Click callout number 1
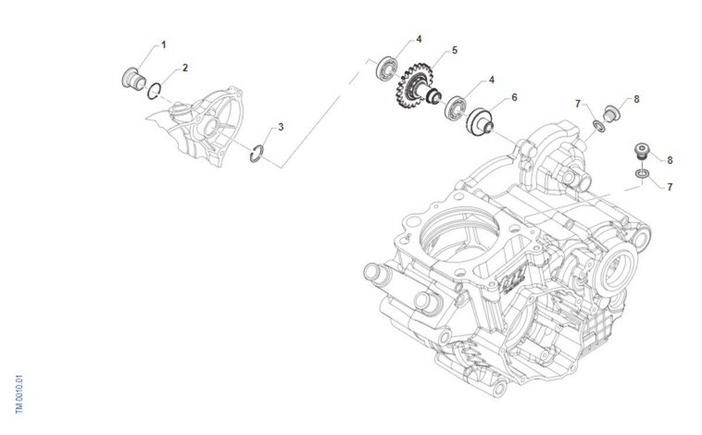coord(163,45)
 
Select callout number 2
coord(185,68)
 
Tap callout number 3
coord(281,127)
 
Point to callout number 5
coord(455,50)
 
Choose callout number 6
coord(514,98)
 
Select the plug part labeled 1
coord(134,79)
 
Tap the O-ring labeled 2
coord(154,91)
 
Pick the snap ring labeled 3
coord(257,153)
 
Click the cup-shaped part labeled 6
coord(480,122)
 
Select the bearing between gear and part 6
coord(455,109)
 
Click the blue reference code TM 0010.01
coord(19,393)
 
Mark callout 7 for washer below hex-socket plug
coord(670,187)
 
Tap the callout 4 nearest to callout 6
coord(491,80)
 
